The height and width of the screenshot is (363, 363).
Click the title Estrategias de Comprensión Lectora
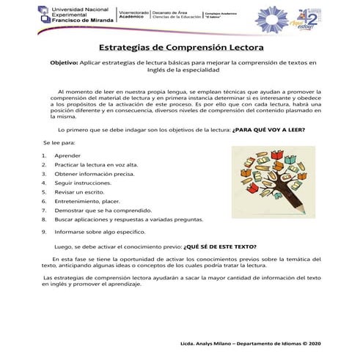click(181, 48)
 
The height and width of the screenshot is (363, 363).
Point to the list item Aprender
click(67, 156)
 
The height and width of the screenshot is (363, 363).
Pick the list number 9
click(45, 231)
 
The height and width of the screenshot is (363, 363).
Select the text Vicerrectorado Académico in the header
click(133, 15)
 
